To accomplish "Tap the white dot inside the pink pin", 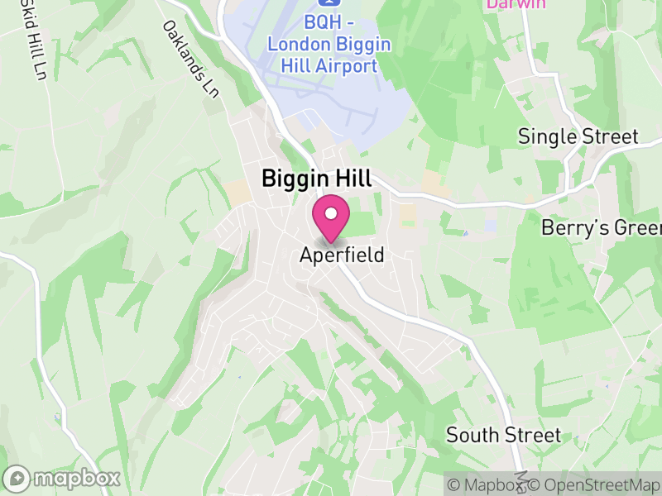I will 331,213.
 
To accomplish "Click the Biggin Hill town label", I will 317,178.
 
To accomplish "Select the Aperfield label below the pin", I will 342,255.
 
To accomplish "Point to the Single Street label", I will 578,136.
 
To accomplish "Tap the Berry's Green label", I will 602,227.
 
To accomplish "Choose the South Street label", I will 503,435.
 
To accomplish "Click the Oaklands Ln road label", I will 191,60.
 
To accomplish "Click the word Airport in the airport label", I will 349,65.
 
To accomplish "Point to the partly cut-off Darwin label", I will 516,4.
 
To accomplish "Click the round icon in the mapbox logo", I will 17,479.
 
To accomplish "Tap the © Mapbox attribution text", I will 486,485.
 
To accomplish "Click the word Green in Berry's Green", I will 637,227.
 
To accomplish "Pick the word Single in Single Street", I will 545,136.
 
